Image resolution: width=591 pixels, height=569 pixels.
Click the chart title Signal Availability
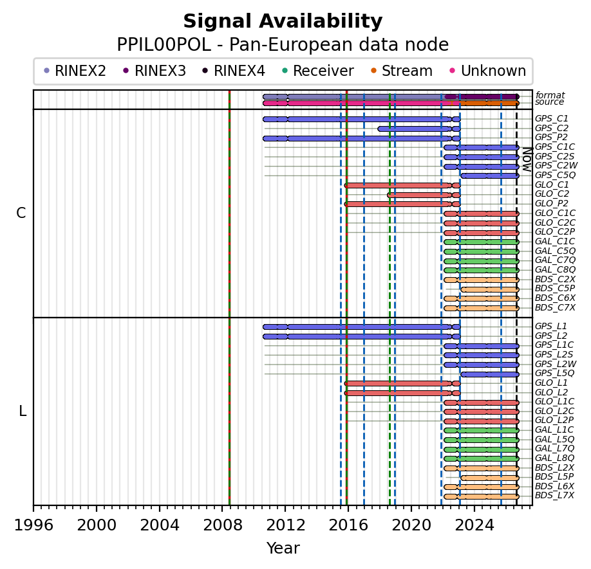pyautogui.click(x=283, y=21)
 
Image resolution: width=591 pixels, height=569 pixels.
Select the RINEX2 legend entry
pyautogui.click(x=75, y=71)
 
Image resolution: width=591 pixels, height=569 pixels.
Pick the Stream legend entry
pyautogui.click(x=402, y=71)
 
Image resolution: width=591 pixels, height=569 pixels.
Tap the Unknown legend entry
pyautogui.click(x=488, y=71)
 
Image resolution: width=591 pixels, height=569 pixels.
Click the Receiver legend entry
pyautogui.click(x=318, y=71)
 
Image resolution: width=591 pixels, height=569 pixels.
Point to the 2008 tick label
pyautogui.click(x=222, y=525)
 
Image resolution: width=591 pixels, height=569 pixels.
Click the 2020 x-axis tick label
pyautogui.click(x=411, y=525)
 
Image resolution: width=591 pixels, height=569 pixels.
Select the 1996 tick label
pyautogui.click(x=33, y=525)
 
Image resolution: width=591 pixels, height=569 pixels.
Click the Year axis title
pyautogui.click(x=283, y=548)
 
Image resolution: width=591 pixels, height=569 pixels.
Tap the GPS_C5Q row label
pyautogui.click(x=555, y=175)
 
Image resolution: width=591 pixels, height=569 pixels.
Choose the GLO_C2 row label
pyautogui.click(x=552, y=194)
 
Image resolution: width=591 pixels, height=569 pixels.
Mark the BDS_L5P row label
pyautogui.click(x=554, y=476)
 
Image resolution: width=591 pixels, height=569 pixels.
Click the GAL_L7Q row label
pyautogui.click(x=555, y=448)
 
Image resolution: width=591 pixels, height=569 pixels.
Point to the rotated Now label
pyautogui.click(x=527, y=159)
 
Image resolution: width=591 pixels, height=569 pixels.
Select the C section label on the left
pyautogui.click(x=21, y=213)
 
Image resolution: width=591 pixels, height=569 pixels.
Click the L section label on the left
pyautogui.click(x=23, y=411)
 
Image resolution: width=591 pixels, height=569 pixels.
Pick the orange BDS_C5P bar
pyautogui.click(x=490, y=289)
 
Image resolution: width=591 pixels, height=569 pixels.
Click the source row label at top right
pyautogui.click(x=550, y=102)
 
